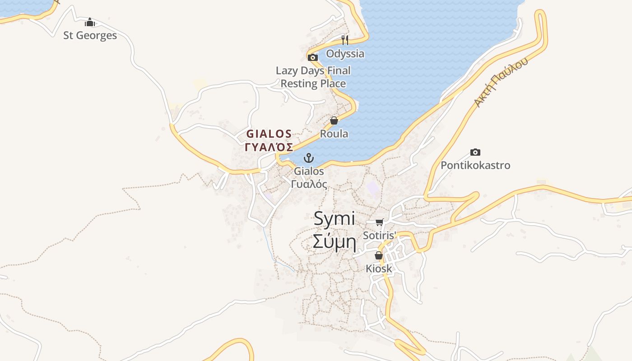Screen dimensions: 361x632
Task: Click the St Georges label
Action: [90, 36]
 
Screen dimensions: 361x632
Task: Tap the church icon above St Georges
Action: [90, 22]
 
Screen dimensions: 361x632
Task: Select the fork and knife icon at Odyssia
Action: [345, 40]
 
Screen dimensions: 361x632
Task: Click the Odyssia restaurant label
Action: [345, 54]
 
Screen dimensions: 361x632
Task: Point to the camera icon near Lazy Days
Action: [312, 57]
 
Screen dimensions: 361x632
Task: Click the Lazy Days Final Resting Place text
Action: [313, 77]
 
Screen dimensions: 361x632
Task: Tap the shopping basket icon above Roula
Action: [334, 120]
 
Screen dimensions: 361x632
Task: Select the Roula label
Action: [334, 134]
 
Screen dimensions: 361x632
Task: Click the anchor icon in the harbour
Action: [309, 158]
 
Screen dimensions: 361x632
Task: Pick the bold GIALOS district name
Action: [269, 134]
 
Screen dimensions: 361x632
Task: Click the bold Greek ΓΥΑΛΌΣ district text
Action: [269, 147]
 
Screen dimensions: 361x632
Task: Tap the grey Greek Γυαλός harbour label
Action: [309, 184]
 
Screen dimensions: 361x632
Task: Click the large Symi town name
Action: [335, 219]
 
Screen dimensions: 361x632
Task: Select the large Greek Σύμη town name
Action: [335, 242]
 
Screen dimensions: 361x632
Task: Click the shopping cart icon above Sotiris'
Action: [379, 222]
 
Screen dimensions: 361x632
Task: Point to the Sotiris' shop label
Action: [380, 235]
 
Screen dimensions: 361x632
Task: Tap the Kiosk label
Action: [379, 269]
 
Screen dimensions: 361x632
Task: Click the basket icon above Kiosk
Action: [379, 256]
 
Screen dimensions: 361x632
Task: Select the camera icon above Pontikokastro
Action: [475, 153]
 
